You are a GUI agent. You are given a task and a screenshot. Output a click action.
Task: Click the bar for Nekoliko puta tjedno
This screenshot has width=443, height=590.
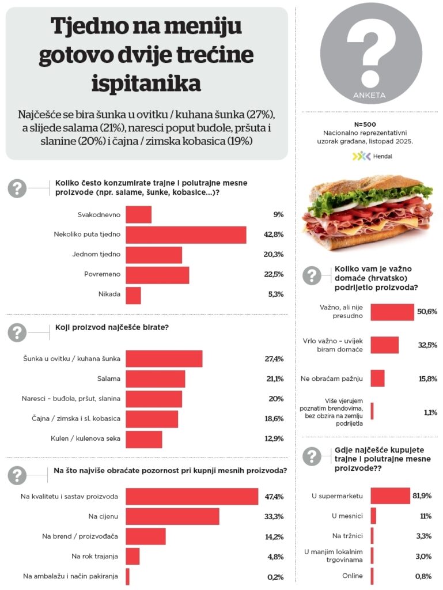pos(186,235)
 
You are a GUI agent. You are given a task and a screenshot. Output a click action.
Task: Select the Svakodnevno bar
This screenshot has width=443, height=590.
pos(139,215)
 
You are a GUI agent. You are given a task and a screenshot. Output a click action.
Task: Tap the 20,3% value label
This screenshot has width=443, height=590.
pos(274,255)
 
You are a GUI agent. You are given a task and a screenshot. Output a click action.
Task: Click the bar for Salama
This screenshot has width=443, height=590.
pos(156,379)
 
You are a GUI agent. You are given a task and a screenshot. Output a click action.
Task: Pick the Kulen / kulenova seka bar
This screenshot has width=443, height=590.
pos(144,439)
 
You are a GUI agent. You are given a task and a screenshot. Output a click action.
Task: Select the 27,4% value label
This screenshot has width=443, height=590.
pos(274,359)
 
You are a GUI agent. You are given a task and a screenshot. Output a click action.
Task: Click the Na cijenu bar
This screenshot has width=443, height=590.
pos(173,516)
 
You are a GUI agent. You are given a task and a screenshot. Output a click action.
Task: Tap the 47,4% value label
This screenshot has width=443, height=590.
pos(274,497)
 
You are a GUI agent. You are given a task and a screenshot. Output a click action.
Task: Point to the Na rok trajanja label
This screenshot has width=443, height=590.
pos(95,556)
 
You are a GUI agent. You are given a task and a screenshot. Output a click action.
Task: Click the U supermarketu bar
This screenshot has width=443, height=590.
pos(391,496)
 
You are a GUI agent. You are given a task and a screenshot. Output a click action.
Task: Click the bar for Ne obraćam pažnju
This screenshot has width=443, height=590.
pos(378,379)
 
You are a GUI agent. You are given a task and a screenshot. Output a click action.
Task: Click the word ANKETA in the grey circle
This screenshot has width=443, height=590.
pos(370,95)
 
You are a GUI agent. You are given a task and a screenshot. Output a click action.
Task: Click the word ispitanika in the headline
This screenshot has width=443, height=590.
pos(146,84)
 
